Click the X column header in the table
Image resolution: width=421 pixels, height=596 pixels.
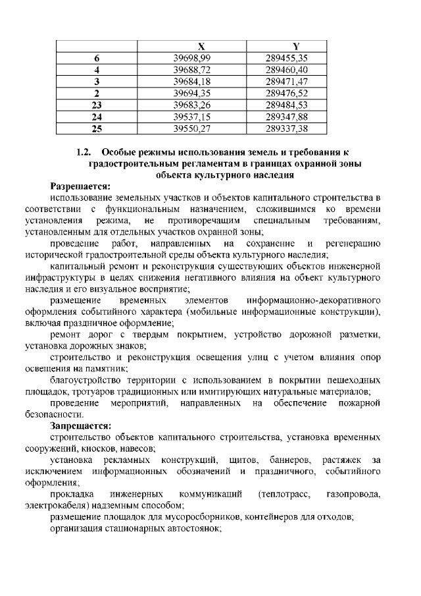(x=201, y=46)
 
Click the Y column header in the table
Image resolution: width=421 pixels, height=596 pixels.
(x=296, y=46)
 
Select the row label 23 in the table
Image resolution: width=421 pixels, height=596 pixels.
(x=97, y=105)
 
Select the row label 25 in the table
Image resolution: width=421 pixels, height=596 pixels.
(x=97, y=128)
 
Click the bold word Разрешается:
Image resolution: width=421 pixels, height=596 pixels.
(x=81, y=186)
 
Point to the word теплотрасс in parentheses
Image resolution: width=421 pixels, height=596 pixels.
(x=285, y=494)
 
